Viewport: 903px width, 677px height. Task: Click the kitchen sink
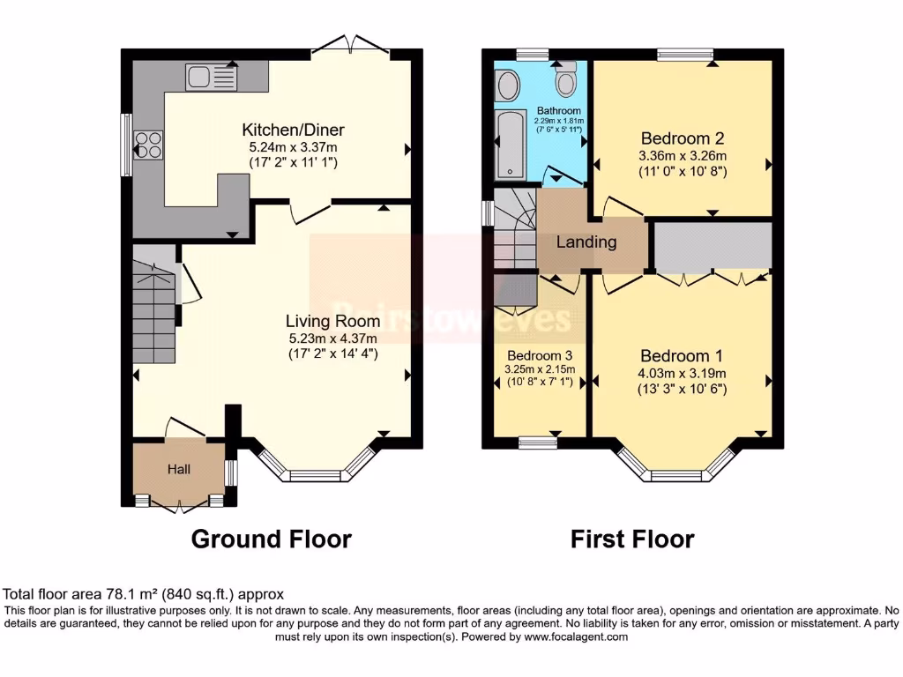211,78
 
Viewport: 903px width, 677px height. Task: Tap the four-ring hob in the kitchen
148,144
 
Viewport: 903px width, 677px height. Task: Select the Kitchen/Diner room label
290,130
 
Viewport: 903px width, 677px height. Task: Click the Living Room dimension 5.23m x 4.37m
332,338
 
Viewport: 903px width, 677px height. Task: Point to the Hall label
179,470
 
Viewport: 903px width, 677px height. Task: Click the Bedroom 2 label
682,138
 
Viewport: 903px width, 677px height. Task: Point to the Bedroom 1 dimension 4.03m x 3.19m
682,373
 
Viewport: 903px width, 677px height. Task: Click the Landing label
586,242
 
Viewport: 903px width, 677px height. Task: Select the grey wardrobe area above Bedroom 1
713,246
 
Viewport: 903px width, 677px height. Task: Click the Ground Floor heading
271,539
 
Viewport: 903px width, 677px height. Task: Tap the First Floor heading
631,539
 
